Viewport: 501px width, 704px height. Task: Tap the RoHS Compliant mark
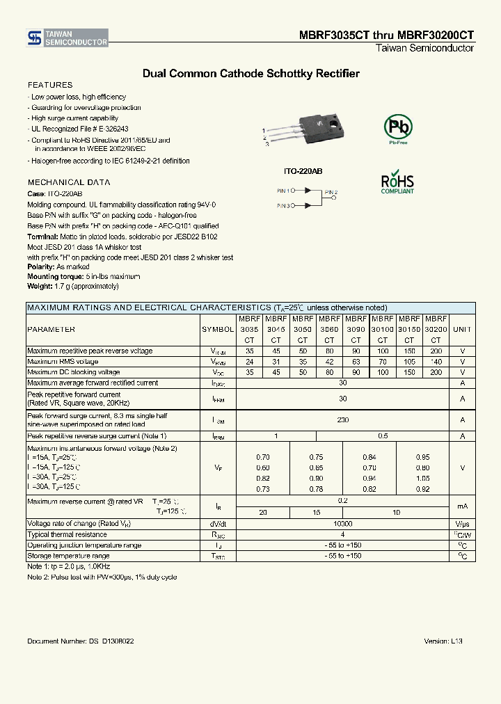pos(397,182)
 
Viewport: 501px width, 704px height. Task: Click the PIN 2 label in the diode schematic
pos(331,192)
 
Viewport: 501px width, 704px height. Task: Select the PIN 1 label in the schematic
pos(283,190)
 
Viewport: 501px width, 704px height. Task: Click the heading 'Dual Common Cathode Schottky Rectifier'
pos(250,73)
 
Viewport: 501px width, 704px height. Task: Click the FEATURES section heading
pos(49,85)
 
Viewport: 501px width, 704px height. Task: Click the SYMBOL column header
pos(218,329)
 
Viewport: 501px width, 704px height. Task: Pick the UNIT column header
pos(462,329)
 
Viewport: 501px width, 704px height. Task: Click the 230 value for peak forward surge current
pos(342,420)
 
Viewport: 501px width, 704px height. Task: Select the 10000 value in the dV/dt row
pos(342,524)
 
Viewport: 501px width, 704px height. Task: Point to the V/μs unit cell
pos(462,524)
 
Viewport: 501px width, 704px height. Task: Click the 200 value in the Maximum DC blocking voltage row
pos(436,372)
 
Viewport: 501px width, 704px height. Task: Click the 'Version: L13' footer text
pos(443,641)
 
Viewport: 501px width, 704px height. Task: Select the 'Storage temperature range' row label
pos(68,556)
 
